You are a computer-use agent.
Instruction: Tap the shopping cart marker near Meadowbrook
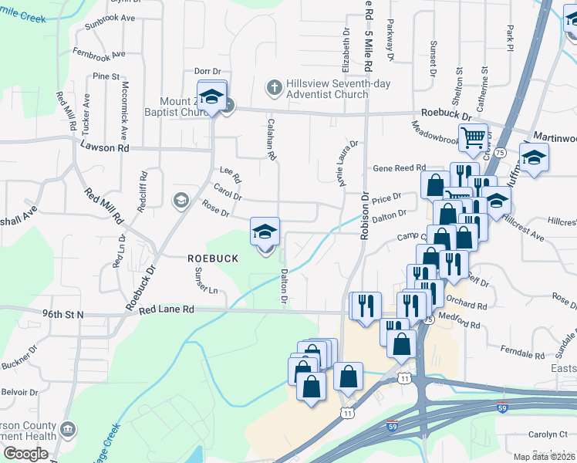coord(473,138)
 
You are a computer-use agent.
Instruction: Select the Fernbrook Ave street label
coord(98,55)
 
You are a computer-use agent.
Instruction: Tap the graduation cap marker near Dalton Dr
coord(265,232)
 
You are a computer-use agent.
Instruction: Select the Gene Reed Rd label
coord(400,167)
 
